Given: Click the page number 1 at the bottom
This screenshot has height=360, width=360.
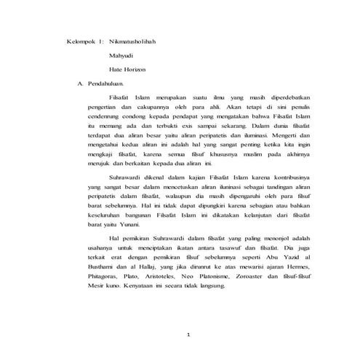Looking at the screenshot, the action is [188, 335].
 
